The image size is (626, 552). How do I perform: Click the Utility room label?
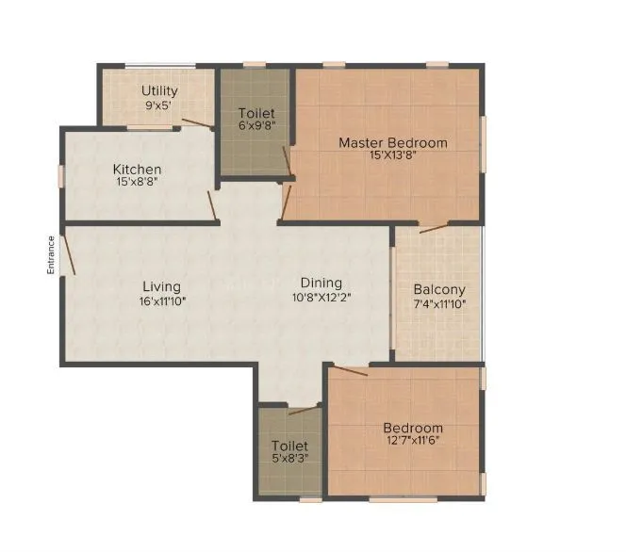click(159, 90)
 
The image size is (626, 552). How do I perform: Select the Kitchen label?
click(138, 170)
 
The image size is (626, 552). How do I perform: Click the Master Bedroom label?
click(393, 143)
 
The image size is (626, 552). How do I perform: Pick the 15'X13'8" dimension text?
click(393, 156)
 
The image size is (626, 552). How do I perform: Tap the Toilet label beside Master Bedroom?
click(256, 114)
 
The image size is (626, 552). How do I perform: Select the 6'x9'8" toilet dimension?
click(256, 128)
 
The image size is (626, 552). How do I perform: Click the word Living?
click(161, 286)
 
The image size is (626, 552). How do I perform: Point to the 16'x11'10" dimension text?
click(161, 301)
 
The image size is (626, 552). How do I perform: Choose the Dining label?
click(321, 283)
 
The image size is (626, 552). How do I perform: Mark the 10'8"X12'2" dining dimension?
click(321, 298)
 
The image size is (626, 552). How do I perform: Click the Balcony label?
click(439, 289)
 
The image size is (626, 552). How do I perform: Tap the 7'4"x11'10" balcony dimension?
click(439, 304)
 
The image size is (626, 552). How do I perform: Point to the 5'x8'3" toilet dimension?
click(289, 460)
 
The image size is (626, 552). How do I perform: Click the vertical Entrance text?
click(53, 254)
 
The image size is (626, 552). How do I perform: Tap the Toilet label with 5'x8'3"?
click(289, 446)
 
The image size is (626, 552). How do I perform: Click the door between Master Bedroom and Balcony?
click(435, 228)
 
